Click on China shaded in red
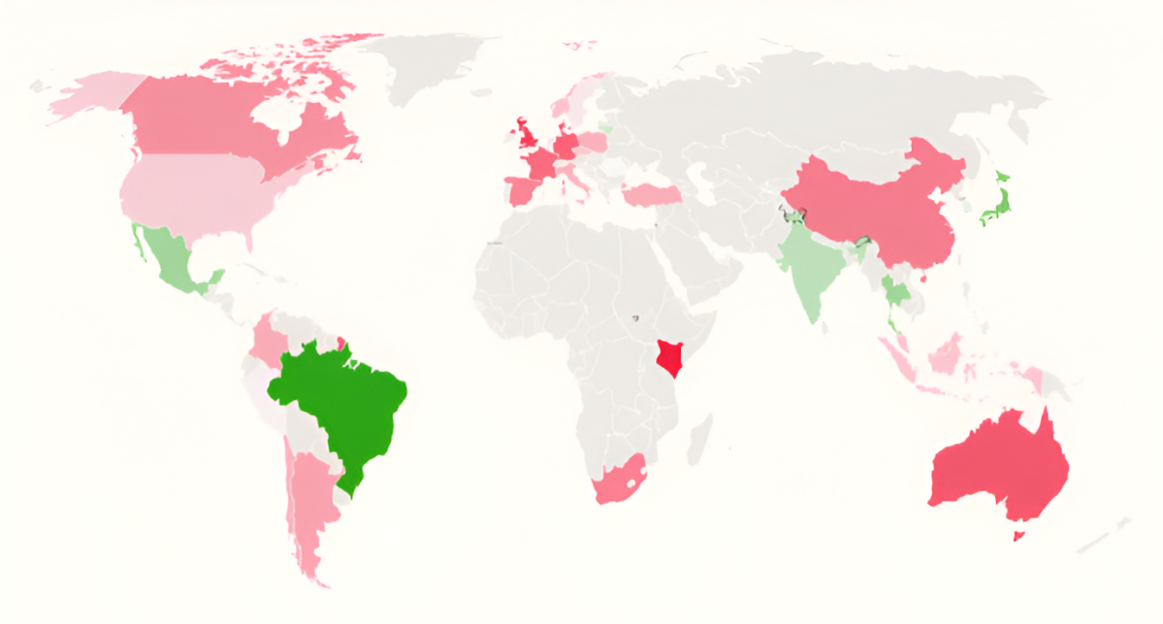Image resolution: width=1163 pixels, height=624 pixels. point(873,204)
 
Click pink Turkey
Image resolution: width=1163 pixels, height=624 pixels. point(650,195)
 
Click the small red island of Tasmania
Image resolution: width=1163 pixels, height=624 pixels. point(1018,535)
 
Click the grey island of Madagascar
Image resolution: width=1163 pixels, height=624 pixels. point(698,437)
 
